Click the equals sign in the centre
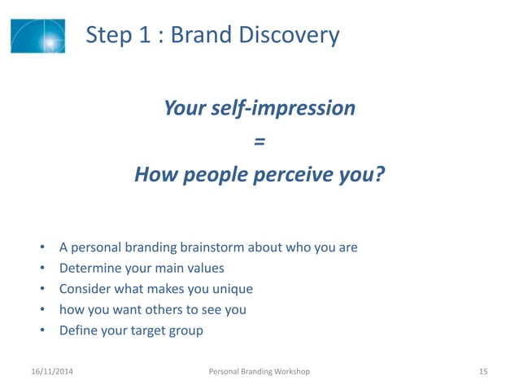[259, 142]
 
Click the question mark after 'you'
[378, 175]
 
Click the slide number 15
[483, 372]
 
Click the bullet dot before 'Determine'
[41, 269]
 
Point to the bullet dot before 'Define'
[41, 331]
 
